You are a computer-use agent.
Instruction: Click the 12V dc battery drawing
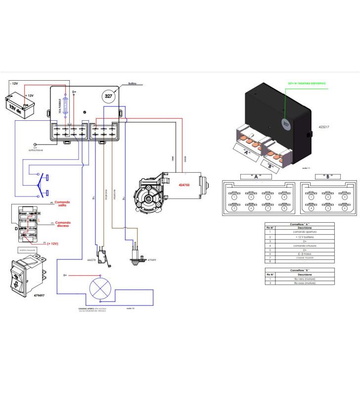click(x=19, y=103)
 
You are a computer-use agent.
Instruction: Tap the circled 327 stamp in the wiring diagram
click(x=108, y=97)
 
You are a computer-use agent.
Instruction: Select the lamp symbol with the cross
click(x=101, y=288)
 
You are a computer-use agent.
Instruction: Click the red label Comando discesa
click(x=63, y=224)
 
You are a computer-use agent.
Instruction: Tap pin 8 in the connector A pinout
click(x=284, y=208)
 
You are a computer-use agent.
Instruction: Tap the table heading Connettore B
click(x=300, y=270)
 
